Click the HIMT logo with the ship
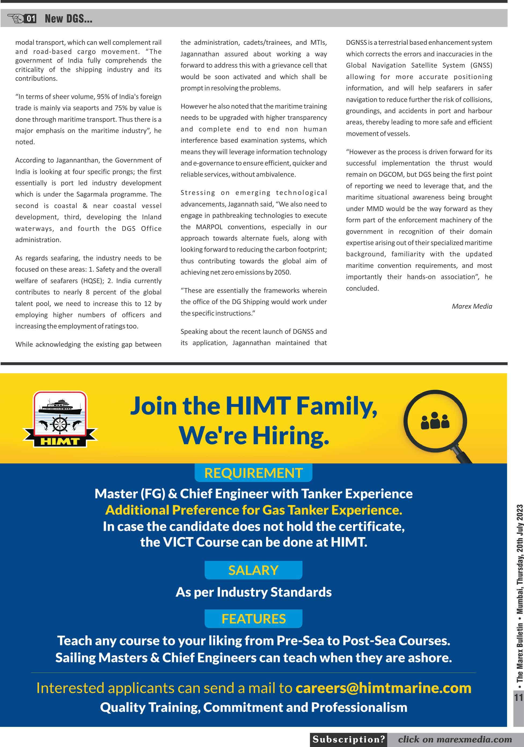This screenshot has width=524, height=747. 60,419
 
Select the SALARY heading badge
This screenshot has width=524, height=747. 253,570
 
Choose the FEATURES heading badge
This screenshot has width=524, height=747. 253,619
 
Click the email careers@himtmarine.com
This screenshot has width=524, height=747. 383,688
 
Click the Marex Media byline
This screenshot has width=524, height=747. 472,306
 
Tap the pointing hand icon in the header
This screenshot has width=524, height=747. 16,18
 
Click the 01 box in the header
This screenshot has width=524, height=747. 31,19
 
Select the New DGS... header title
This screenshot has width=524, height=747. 68,19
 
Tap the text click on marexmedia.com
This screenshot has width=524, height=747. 455,739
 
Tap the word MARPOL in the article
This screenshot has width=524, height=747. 209,227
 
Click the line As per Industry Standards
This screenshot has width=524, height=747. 253,592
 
